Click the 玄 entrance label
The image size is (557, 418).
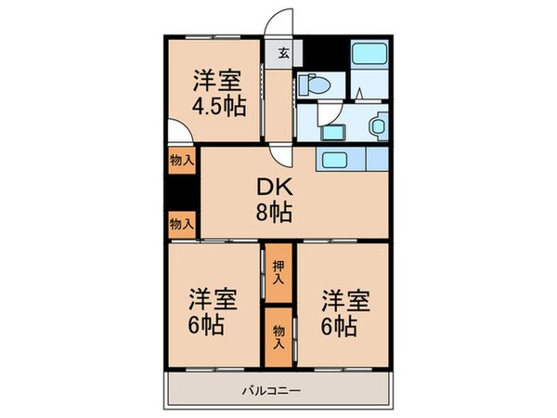[282, 52]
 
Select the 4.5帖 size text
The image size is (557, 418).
[219, 104]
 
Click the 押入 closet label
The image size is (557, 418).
[278, 269]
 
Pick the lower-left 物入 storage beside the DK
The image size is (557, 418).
[182, 223]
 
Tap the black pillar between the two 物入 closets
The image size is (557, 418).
[182, 192]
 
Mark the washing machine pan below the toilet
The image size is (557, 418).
[330, 119]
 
